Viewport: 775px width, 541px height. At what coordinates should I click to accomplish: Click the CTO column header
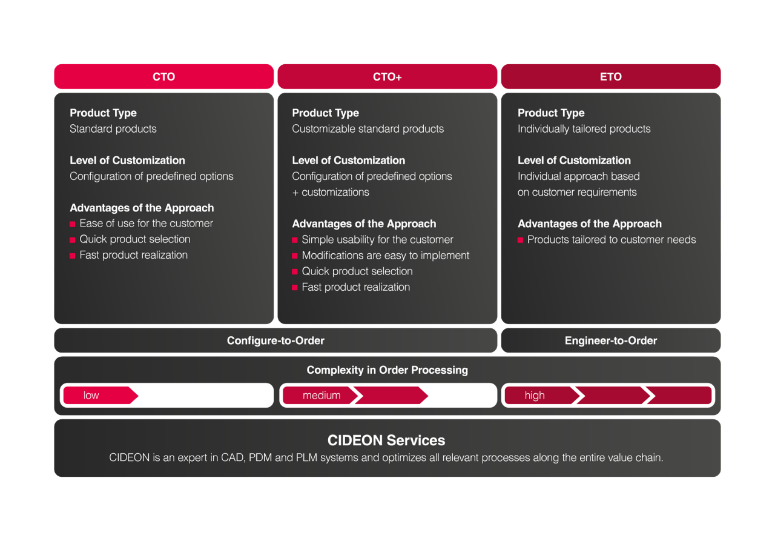point(163,77)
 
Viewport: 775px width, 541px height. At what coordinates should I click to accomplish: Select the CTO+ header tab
point(387,77)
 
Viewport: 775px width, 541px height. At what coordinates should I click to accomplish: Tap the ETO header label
point(610,77)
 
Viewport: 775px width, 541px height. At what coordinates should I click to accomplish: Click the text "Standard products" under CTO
point(113,129)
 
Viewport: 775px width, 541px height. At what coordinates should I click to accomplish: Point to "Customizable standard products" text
point(368,129)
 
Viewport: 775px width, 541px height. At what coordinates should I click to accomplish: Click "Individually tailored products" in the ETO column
point(584,129)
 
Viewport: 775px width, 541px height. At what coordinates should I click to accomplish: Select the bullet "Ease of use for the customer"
point(146,224)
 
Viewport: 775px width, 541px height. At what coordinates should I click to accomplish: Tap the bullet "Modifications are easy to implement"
point(385,256)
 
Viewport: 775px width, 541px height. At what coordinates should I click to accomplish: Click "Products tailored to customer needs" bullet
point(611,240)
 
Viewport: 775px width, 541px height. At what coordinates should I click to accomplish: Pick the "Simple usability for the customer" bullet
point(377,240)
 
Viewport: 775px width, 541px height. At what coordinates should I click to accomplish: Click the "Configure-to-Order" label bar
point(275,340)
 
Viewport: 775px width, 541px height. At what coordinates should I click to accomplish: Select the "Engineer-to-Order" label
point(610,340)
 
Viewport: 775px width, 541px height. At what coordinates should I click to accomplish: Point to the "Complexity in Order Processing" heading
point(387,370)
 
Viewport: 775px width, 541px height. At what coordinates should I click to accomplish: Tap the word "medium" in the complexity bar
point(322,396)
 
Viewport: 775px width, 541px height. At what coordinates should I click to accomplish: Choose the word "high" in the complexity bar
point(535,396)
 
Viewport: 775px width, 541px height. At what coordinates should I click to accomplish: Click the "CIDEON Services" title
point(386,440)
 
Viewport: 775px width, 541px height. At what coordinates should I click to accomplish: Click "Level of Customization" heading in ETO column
point(574,161)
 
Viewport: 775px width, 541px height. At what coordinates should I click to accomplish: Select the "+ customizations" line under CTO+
point(331,193)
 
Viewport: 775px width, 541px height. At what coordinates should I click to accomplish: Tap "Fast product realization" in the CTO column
point(133,255)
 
